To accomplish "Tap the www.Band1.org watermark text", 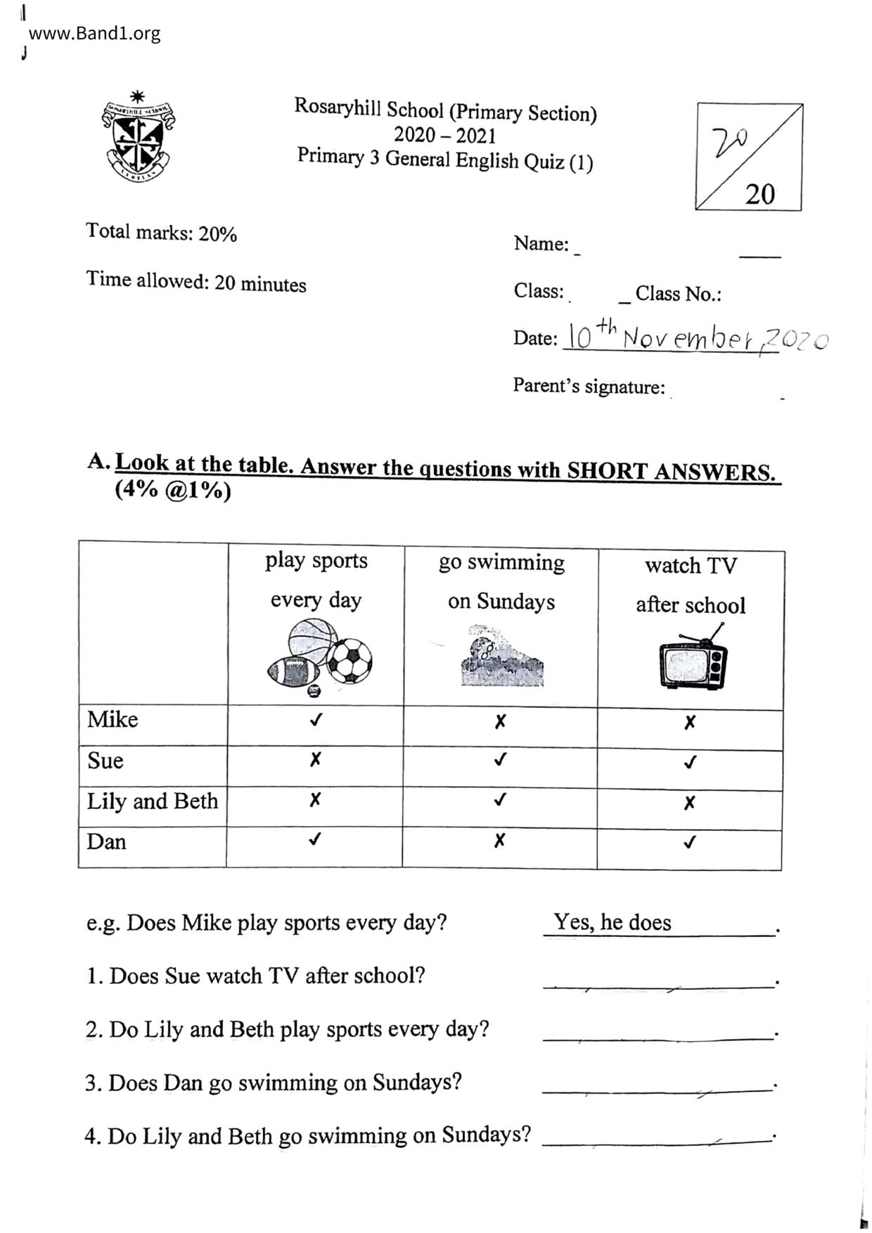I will click(x=94, y=33).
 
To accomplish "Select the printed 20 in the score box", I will click(x=759, y=193).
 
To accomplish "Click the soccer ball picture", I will click(x=350, y=661).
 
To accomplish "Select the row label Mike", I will click(x=113, y=720).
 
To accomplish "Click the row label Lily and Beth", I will click(x=152, y=801).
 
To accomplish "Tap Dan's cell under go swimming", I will click(x=499, y=841).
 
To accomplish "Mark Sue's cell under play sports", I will click(x=315, y=759).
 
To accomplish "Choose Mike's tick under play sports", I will click(x=316, y=720).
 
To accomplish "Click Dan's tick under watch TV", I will click(x=690, y=842).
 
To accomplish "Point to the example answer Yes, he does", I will click(x=612, y=922).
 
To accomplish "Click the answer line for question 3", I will click(x=658, y=1090).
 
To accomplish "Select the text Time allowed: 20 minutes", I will click(x=196, y=282).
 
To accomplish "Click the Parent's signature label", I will click(x=589, y=386).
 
